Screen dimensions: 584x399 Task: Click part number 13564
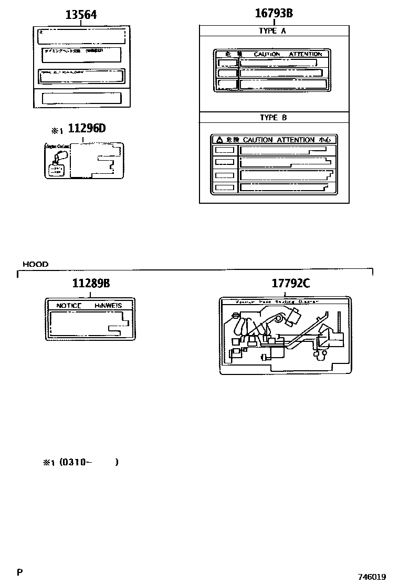[81, 15]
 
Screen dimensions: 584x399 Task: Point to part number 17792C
[291, 284]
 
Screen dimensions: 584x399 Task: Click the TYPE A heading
[272, 31]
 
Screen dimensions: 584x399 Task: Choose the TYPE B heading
[274, 118]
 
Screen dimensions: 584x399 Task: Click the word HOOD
[35, 264]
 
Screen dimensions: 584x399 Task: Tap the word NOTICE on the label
[69, 305]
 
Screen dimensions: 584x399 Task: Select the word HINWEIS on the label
[108, 305]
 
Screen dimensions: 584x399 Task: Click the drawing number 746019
[372, 576]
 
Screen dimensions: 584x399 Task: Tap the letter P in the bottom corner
[19, 572]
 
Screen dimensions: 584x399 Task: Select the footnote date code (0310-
[76, 462]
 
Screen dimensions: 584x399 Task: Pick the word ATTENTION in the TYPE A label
[306, 54]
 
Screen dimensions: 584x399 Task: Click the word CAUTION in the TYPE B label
[258, 140]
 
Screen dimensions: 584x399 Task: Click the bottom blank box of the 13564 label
[81, 98]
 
